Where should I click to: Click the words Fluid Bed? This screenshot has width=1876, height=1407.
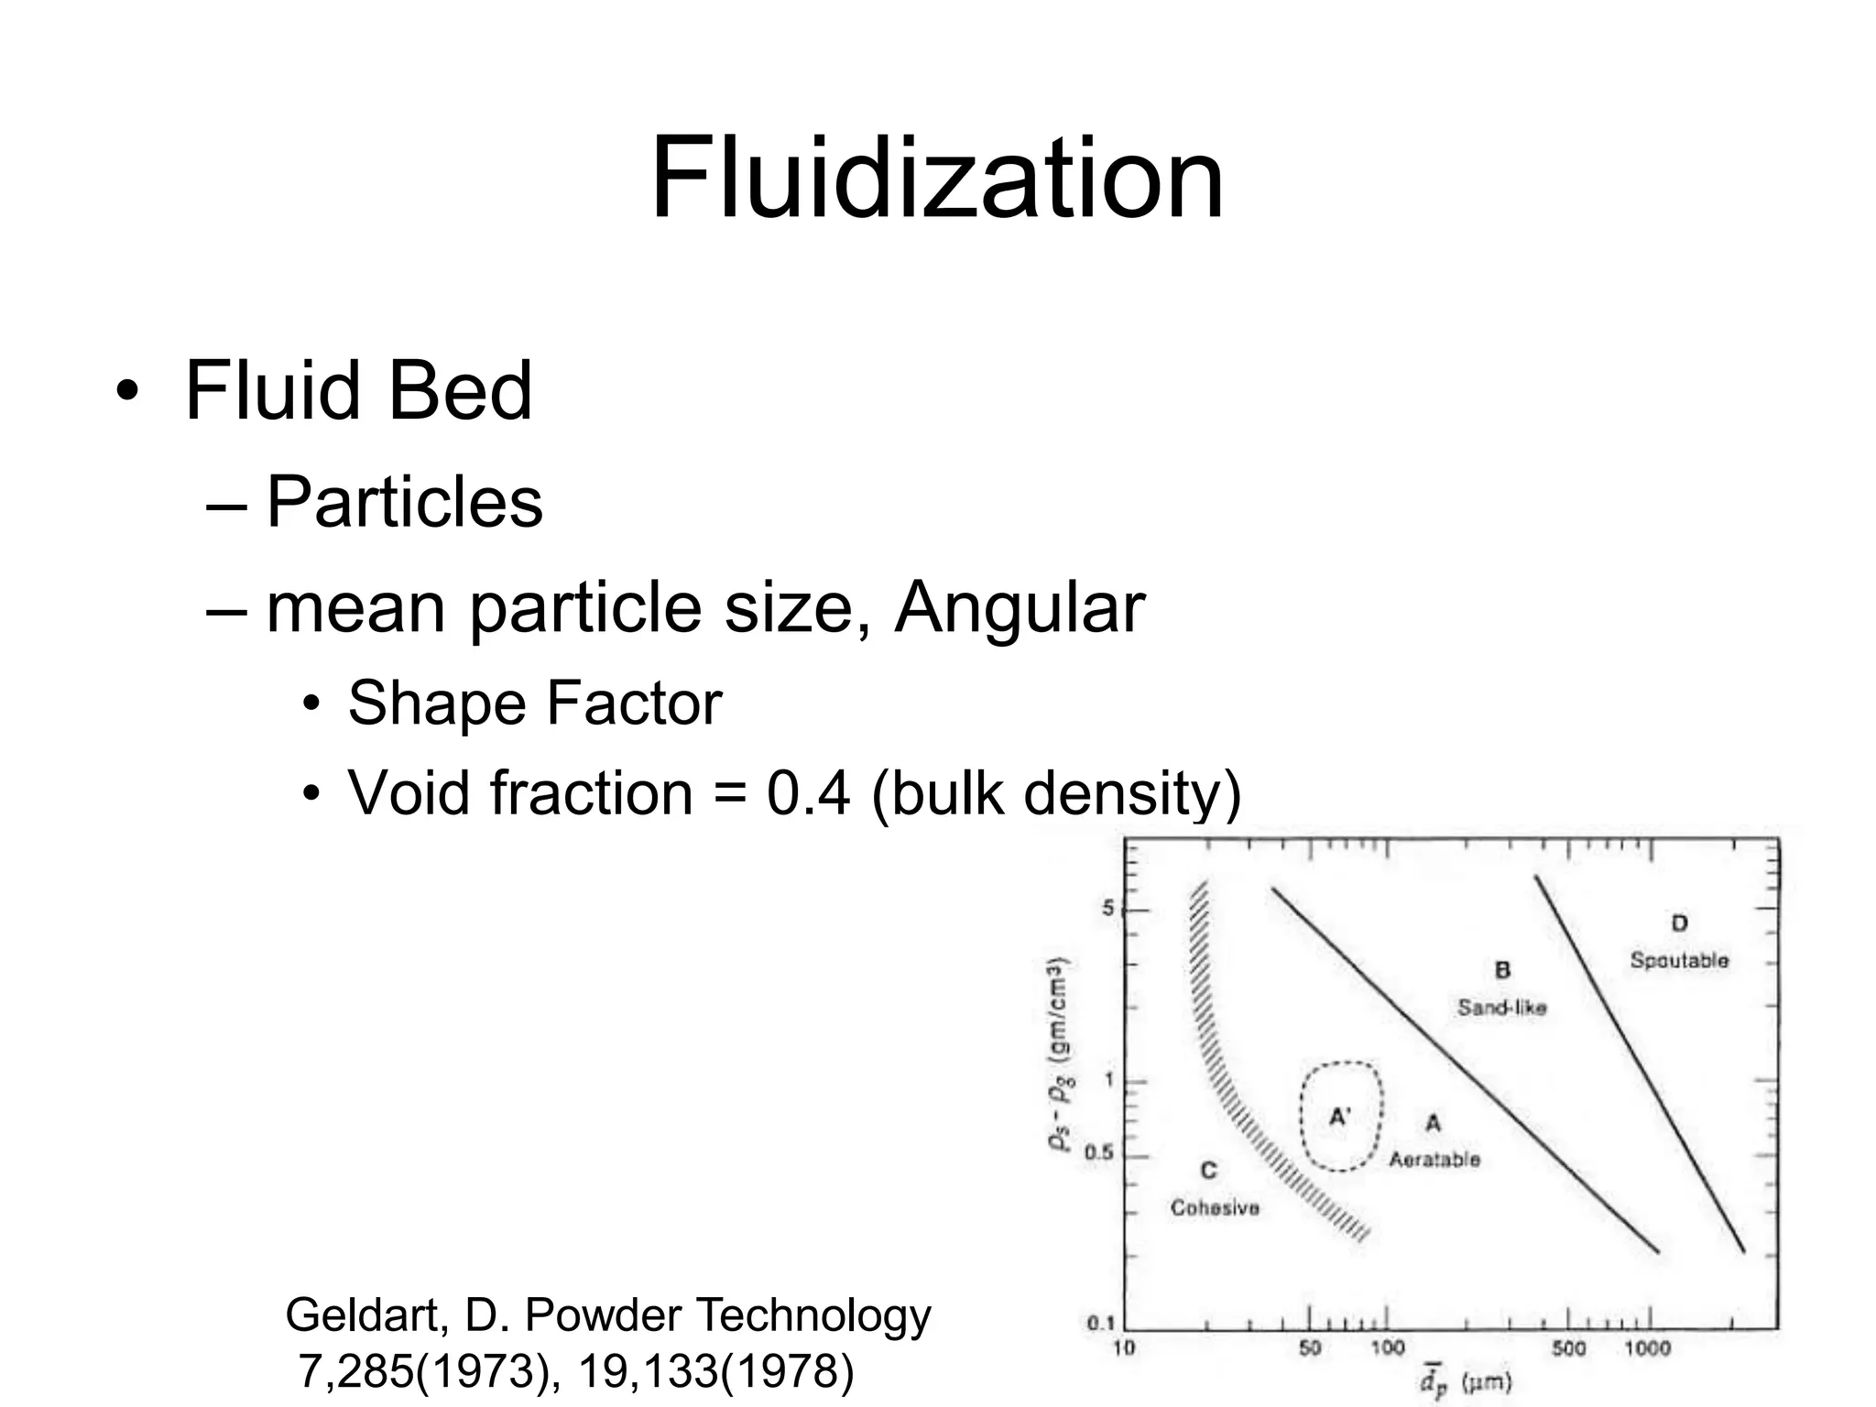pyautogui.click(x=358, y=391)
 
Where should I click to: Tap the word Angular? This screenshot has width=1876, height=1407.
pyautogui.click(x=1019, y=607)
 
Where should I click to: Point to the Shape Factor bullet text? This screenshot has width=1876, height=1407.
pyautogui.click(x=535, y=703)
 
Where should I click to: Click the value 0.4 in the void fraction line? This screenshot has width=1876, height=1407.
pyautogui.click(x=808, y=792)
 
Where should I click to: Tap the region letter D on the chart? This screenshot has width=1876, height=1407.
pyautogui.click(x=1679, y=923)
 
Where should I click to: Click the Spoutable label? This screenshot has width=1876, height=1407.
pyautogui.click(x=1679, y=961)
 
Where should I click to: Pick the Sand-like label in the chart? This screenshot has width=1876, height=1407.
pyautogui.click(x=1502, y=1008)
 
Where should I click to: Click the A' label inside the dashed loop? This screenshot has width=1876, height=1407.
pyautogui.click(x=1340, y=1117)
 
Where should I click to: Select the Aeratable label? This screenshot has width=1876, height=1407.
pyautogui.click(x=1434, y=1160)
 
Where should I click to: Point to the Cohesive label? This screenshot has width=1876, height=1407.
pyautogui.click(x=1215, y=1208)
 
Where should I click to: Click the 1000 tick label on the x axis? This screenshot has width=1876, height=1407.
pyautogui.click(x=1647, y=1348)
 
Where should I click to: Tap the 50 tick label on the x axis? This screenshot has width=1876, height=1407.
pyautogui.click(x=1310, y=1348)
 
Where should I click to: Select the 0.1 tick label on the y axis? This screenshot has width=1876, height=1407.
pyautogui.click(x=1099, y=1324)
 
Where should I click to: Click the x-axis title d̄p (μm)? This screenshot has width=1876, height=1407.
pyautogui.click(x=1466, y=1381)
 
